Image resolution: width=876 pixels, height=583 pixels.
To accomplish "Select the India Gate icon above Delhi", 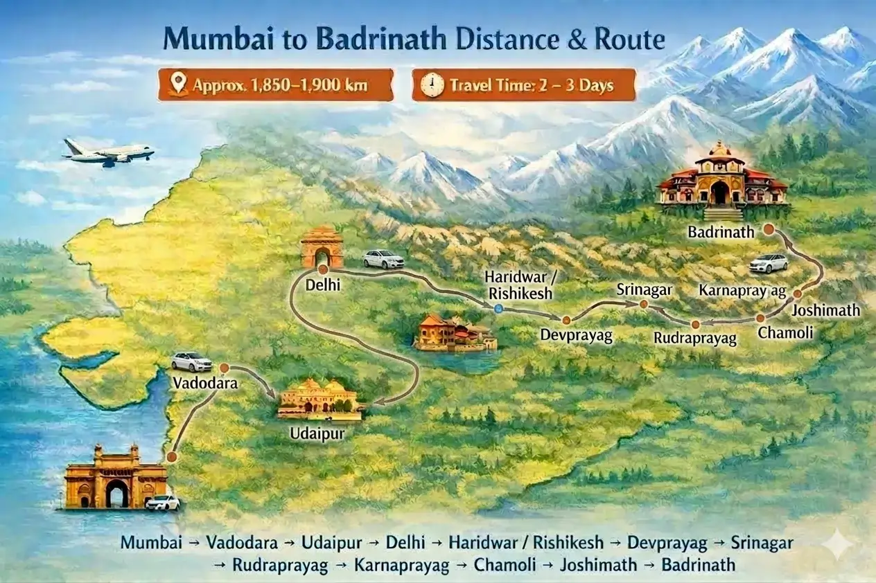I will (322, 247).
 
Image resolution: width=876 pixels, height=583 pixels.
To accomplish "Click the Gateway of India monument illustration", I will (116, 478).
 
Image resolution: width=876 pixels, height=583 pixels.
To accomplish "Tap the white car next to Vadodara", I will (192, 361).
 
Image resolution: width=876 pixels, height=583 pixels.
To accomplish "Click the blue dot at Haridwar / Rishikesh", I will (498, 310).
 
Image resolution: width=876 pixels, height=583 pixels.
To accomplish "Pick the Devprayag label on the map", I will (577, 336).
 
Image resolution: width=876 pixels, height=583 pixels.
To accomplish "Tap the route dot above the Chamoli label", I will (760, 319).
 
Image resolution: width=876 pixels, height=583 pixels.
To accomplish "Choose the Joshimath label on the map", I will (825, 311).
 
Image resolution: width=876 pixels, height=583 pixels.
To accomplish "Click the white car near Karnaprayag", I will (769, 263).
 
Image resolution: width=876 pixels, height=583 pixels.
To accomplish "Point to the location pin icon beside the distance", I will (179, 84).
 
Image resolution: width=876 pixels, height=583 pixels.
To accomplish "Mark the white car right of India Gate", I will (383, 259).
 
